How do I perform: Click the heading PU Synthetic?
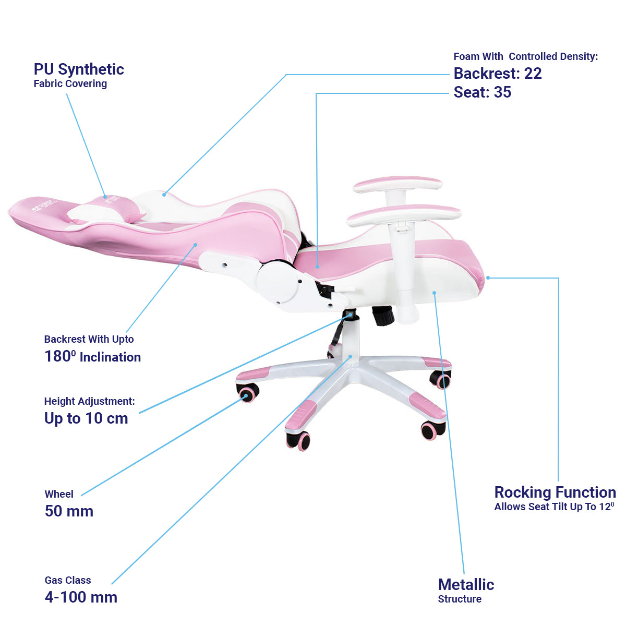tap(79, 69)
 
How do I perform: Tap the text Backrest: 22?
tap(497, 74)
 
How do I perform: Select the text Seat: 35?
tap(482, 92)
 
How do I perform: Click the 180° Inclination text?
tap(92, 357)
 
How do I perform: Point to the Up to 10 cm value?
tap(86, 418)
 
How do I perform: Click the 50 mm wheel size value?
tap(69, 511)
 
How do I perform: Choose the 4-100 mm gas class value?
tap(81, 597)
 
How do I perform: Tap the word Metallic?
tap(466, 585)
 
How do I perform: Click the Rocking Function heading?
tap(555, 492)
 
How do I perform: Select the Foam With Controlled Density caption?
tap(525, 56)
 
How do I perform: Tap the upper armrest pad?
tap(398, 184)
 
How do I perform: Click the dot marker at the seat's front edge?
tap(488, 278)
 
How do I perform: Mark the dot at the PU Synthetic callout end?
tap(105, 197)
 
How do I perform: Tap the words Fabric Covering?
tap(70, 83)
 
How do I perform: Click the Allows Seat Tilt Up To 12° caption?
tap(554, 507)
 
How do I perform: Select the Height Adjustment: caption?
tap(89, 401)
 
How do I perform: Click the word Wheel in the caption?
tap(59, 494)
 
